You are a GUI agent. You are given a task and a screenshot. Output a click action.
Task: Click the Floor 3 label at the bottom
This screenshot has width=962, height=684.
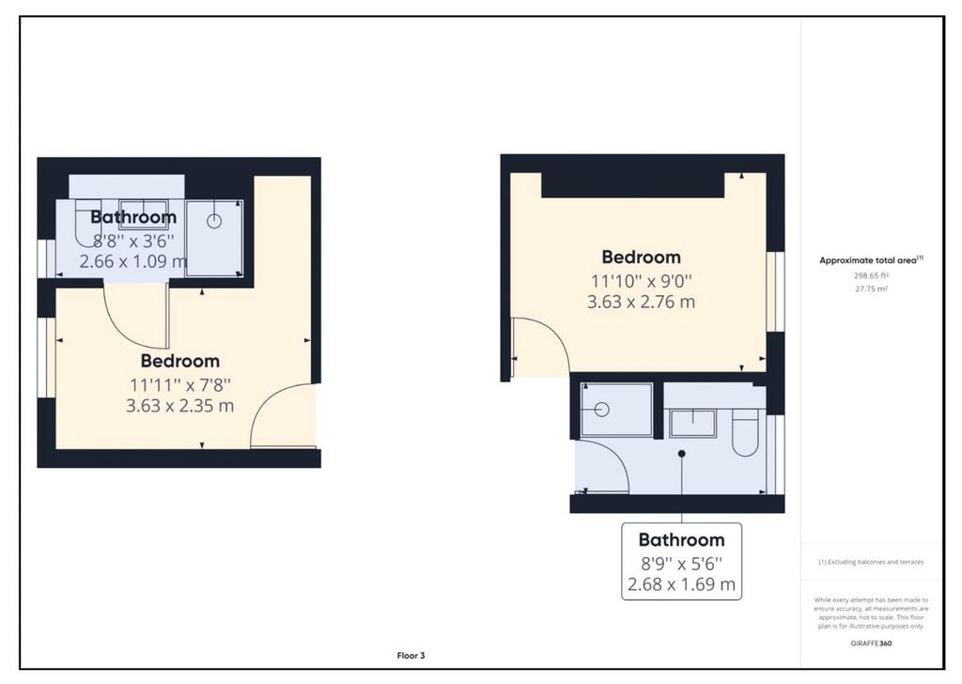411,656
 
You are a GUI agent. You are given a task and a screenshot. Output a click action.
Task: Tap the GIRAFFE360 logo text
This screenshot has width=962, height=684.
871,644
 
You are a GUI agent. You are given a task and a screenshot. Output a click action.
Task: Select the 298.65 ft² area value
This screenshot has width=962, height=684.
871,276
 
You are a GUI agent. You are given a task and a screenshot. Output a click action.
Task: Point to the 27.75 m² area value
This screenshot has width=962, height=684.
871,288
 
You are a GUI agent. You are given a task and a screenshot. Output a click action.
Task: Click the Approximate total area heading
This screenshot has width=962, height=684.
871,260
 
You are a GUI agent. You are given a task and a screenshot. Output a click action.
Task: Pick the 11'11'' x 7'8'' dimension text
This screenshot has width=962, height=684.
179,385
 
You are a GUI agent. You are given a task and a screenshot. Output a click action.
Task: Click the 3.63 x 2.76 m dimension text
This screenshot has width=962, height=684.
641,302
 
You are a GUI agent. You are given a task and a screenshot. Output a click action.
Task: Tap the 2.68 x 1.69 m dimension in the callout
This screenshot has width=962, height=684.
681,584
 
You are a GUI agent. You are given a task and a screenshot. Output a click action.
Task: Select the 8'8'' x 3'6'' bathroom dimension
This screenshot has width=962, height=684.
133,240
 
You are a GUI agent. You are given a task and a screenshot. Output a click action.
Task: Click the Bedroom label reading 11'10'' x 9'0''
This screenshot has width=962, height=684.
641,256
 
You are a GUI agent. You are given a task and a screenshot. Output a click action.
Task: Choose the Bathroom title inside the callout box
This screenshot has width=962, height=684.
681,539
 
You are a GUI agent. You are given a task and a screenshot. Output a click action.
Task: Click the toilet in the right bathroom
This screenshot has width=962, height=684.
745,431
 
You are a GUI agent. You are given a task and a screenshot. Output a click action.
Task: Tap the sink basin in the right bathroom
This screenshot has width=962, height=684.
692,424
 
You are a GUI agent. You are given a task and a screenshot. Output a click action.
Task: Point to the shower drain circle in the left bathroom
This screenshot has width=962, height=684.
213,221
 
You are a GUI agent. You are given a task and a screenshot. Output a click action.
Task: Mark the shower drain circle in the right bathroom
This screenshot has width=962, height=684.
602,409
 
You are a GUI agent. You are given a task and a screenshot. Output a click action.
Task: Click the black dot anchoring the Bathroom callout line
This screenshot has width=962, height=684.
682,454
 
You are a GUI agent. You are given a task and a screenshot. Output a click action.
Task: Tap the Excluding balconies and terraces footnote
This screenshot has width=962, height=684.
871,562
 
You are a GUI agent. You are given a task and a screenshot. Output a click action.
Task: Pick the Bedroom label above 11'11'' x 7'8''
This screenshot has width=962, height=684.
179,361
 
